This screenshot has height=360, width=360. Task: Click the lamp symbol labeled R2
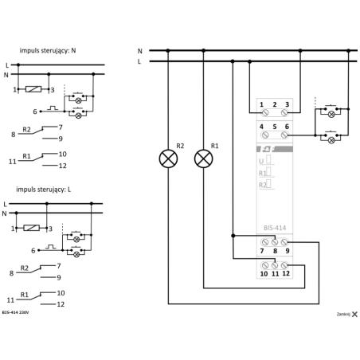(x=169, y=158)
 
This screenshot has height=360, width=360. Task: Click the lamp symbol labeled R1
(x=204, y=158)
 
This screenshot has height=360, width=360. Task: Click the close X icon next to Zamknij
(x=354, y=315)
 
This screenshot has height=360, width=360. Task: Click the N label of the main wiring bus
(x=139, y=50)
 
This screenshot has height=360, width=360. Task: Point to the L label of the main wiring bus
(x=139, y=61)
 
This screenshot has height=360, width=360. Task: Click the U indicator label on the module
(x=260, y=160)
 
